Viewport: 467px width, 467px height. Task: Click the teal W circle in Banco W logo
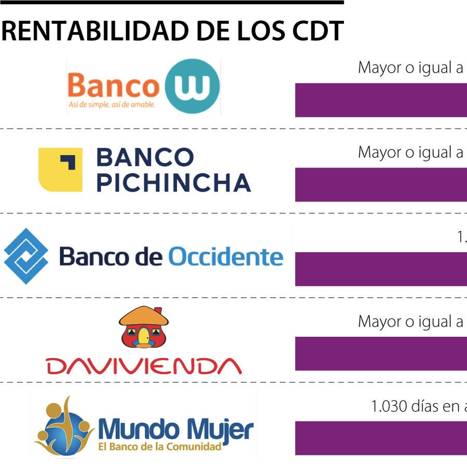(193, 86)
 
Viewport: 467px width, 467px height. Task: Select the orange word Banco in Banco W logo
(113, 86)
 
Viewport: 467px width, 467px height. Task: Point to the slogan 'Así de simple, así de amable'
(112, 104)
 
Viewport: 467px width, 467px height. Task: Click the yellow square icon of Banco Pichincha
(60, 170)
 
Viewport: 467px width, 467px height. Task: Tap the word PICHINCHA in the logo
(174, 183)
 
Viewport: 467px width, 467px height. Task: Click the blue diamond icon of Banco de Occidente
(26, 256)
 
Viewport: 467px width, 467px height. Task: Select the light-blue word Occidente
(226, 256)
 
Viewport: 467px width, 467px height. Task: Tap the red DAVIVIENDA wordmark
(144, 365)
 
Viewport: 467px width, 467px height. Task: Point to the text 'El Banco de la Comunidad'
(160, 446)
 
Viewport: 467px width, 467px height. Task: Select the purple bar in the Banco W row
(381, 100)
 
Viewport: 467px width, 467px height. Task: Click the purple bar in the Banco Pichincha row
(381, 184)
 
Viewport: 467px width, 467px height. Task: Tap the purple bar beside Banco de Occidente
(381, 269)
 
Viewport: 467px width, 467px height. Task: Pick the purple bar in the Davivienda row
(381, 353)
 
